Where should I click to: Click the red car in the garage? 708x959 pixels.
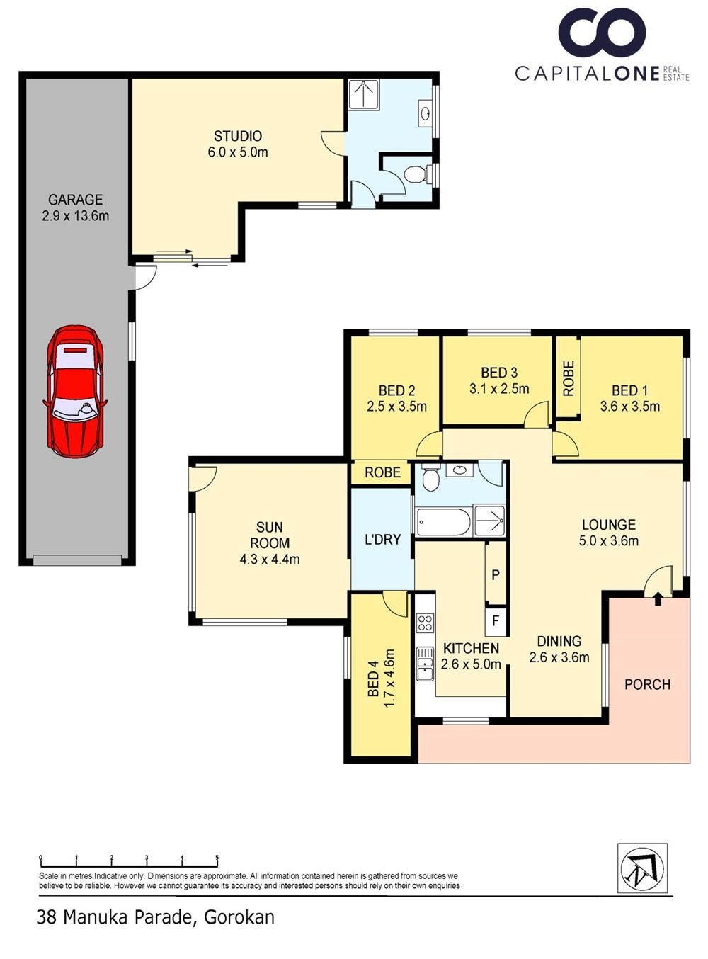pos(75,392)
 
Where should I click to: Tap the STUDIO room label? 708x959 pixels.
pos(238,136)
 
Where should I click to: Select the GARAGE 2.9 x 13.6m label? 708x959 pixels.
pos(75,208)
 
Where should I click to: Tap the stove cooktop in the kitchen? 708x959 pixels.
pos(425,623)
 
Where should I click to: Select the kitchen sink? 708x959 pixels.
pos(425,663)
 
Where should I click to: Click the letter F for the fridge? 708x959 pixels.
pos(496,621)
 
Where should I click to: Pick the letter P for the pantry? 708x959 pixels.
pos(496,574)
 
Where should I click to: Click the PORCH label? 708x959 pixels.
pos(647,684)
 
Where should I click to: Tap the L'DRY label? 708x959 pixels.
pos(382,539)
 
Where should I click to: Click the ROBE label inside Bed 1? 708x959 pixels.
pos(569,378)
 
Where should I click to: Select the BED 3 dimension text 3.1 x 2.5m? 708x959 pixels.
pos(499,389)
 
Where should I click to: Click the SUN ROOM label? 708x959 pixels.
pos(269,535)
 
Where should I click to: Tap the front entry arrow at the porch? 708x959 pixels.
pos(658,598)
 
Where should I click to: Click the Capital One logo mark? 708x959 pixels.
pos(602,34)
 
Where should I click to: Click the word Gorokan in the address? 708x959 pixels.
pos(239,917)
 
